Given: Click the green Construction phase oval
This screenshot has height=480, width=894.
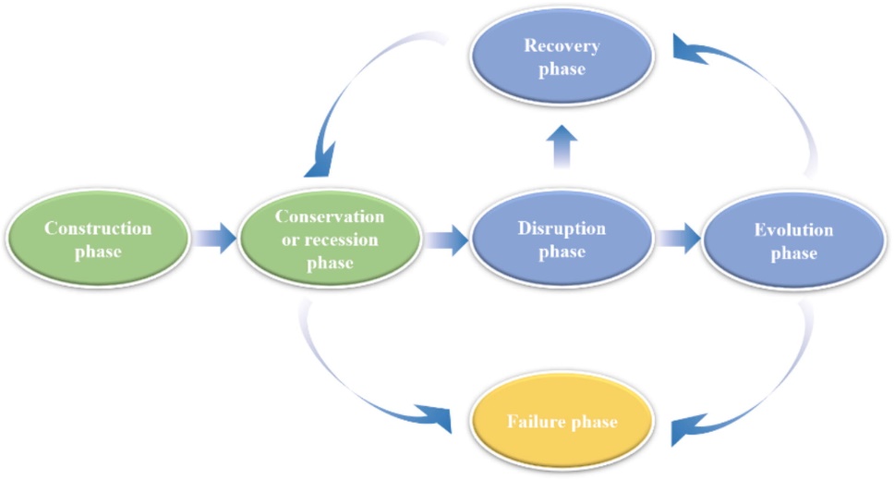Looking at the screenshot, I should pos(97,240).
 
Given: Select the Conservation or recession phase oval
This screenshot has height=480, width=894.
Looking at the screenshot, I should pos(331,240).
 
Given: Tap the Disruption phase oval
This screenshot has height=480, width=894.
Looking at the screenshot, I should pos(562,240).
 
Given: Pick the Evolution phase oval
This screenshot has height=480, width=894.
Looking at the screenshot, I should pos(791,240).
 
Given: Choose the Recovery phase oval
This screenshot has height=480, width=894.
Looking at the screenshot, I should pos(562,57).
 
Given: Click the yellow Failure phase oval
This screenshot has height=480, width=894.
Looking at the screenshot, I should pos(562,423).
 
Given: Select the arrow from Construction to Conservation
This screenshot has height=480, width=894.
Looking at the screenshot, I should pos(213,240).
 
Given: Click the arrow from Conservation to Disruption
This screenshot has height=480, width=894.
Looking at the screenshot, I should pos(446,240).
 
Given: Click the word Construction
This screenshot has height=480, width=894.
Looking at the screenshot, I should pos(97,228).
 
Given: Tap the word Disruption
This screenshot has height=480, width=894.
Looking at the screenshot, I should pos(562,228).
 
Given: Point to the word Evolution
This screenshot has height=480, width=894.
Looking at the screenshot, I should pos(791,229).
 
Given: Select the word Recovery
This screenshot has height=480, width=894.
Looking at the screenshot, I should pos(562,45).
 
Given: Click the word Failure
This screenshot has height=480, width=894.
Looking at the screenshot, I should pos(537,423).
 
